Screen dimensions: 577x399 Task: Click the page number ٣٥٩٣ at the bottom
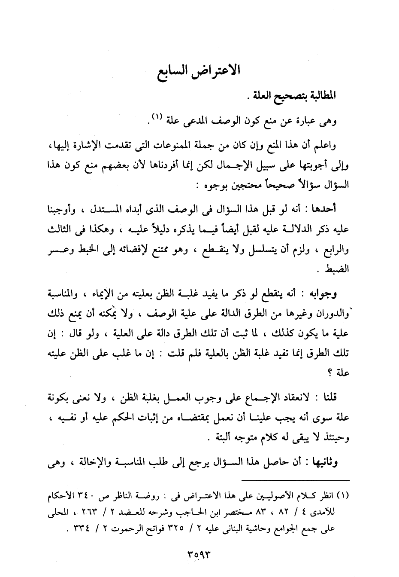[199, 553]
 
